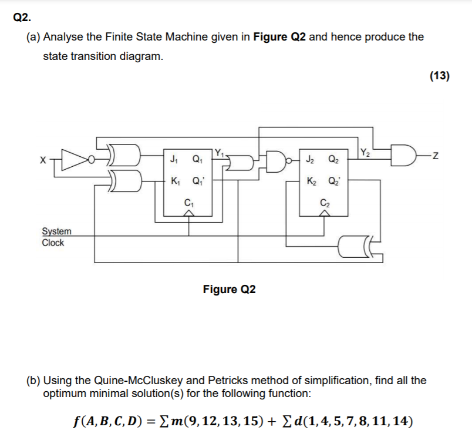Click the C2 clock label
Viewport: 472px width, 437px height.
coord(323,203)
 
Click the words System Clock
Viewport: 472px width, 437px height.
coord(56,237)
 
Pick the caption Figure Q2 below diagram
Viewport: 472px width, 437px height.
coord(229,290)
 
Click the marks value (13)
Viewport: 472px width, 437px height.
coord(439,76)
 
